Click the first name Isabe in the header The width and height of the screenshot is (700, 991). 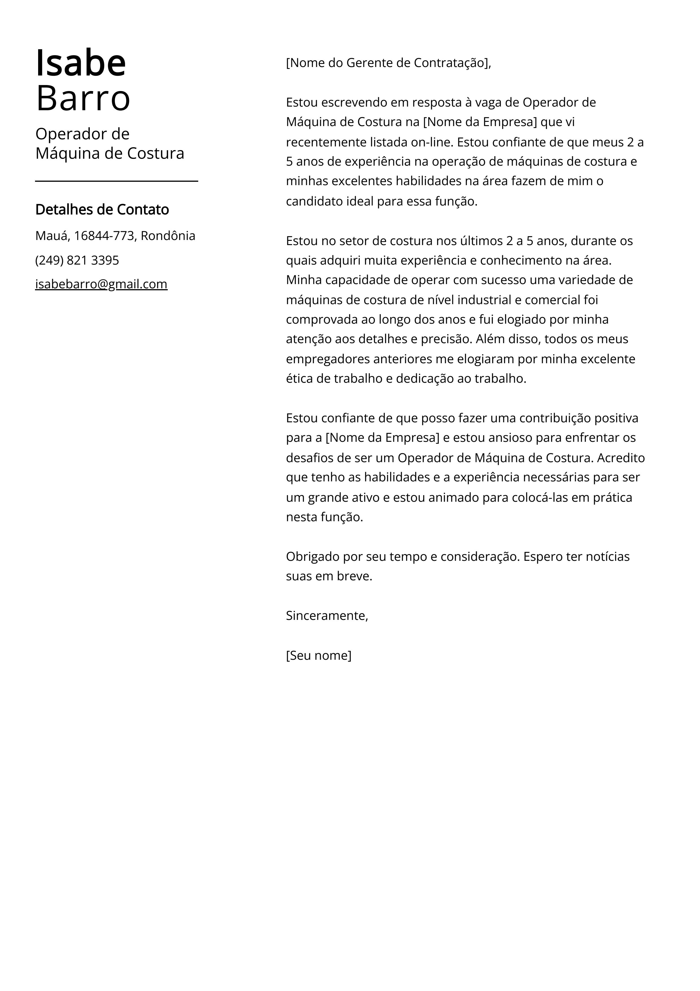point(81,63)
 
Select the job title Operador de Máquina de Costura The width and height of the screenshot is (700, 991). point(110,143)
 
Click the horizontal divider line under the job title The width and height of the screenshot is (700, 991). point(116,181)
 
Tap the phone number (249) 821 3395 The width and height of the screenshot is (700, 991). point(77,260)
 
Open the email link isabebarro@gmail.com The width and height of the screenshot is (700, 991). point(101,284)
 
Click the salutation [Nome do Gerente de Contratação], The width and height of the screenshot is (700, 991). point(388,63)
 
